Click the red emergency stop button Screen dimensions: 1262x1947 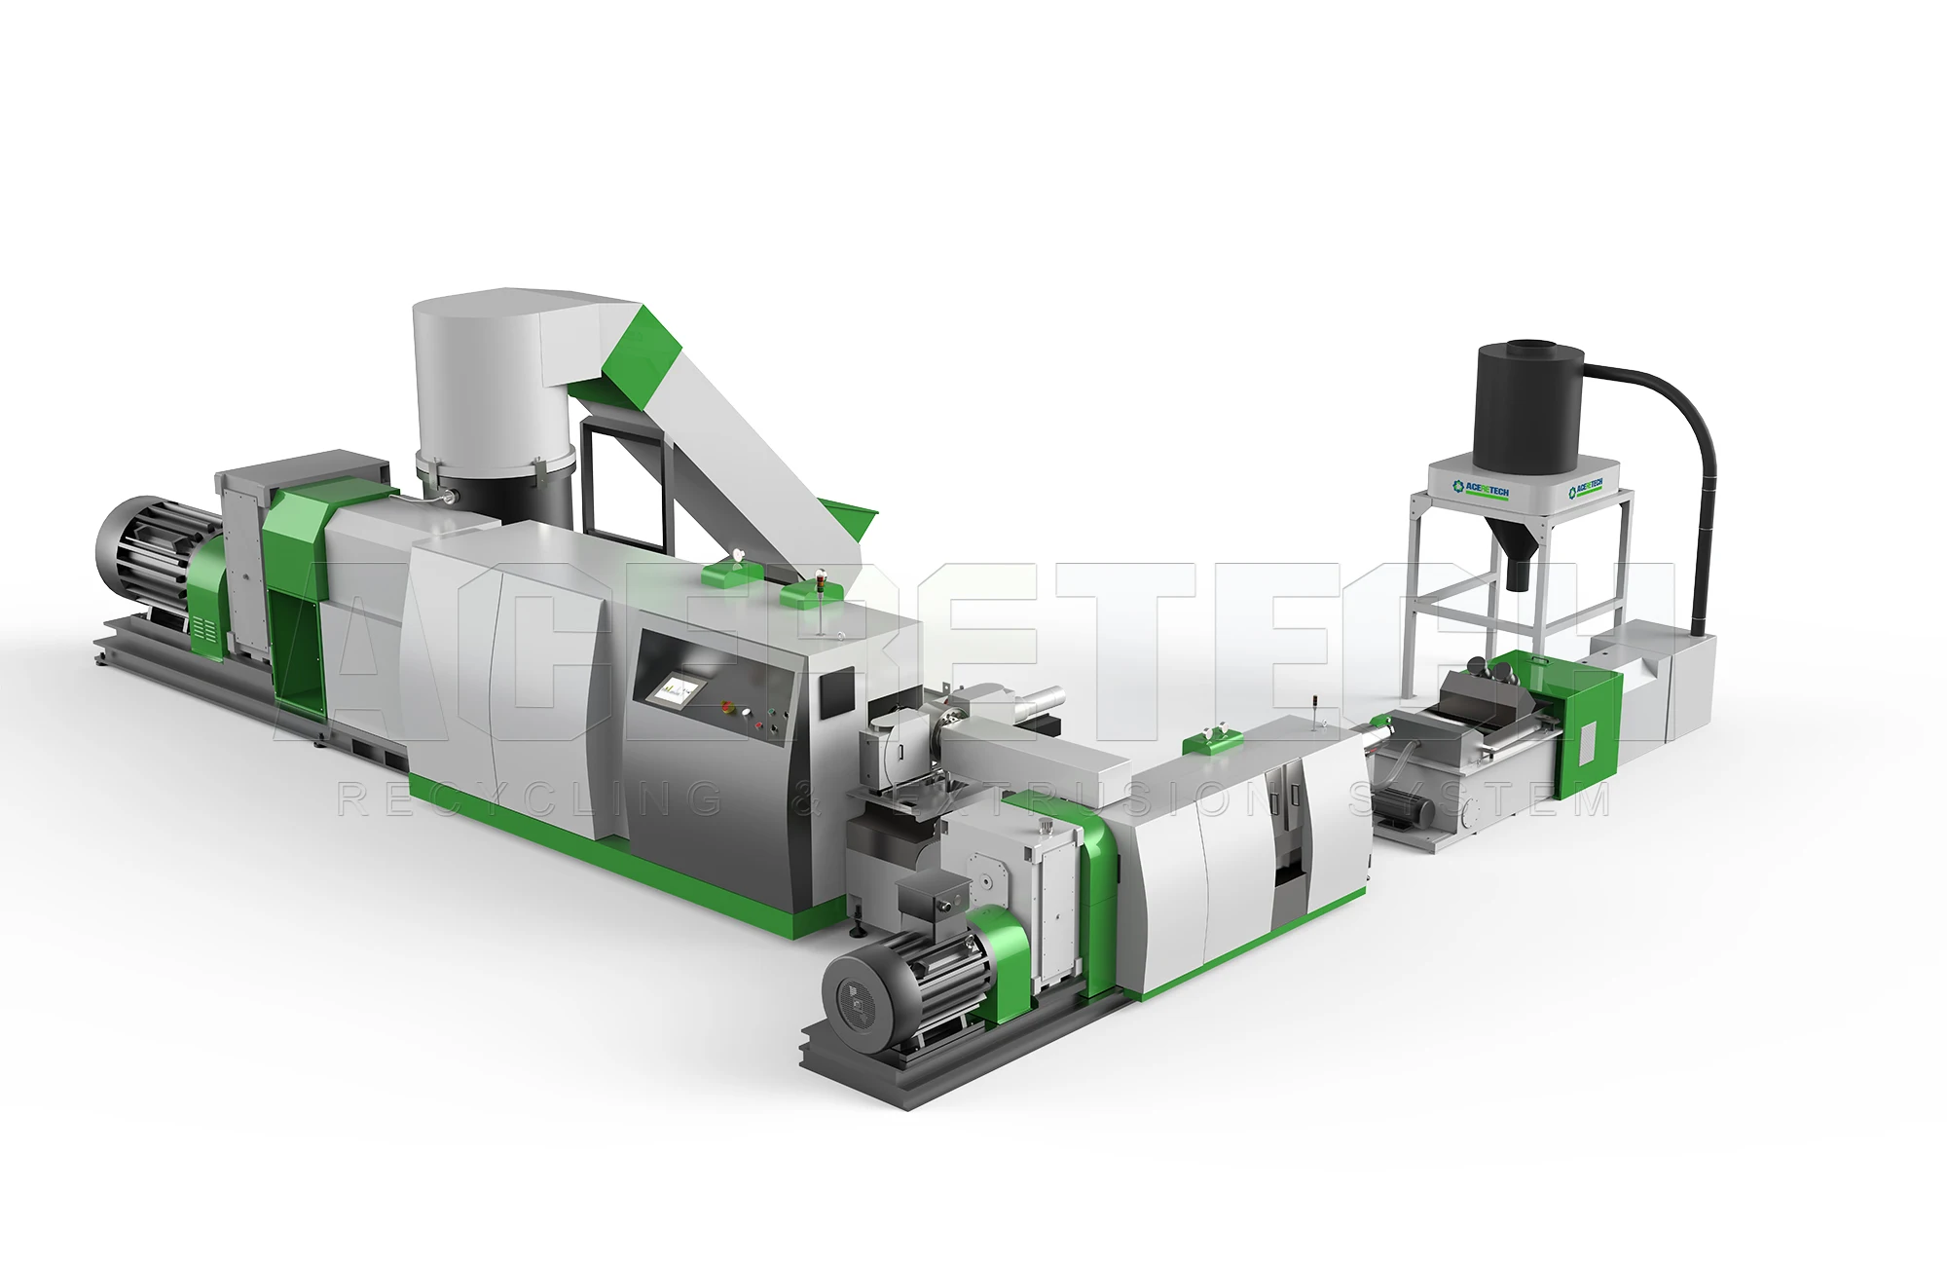pos(724,705)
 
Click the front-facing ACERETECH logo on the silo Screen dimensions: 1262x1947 pos(1480,489)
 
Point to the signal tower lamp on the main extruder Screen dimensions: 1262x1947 pos(824,589)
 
